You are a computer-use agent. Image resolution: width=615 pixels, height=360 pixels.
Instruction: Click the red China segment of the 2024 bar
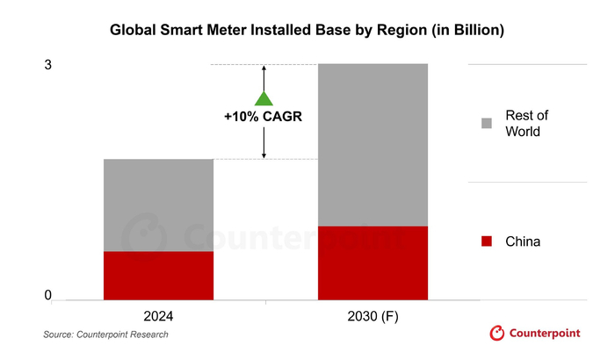(x=158, y=276)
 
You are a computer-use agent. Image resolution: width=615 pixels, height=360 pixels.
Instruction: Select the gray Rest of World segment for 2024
(x=158, y=205)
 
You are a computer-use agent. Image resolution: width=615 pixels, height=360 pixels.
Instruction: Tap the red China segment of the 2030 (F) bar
(x=373, y=263)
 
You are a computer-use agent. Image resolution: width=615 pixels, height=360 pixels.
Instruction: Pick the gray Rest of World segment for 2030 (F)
(x=373, y=144)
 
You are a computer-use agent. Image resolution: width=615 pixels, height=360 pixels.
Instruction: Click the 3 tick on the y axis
(x=49, y=65)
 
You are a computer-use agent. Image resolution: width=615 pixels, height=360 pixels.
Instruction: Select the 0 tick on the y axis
(x=49, y=296)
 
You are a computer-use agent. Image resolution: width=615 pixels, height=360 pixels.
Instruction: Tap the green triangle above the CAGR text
(x=264, y=99)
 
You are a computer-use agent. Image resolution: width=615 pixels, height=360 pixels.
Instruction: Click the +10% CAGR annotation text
(x=264, y=116)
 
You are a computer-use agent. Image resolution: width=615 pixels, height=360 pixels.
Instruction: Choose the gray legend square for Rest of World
(x=487, y=123)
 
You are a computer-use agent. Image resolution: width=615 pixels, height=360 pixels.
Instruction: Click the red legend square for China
(x=487, y=241)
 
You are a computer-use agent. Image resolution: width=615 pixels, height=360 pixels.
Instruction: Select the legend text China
(x=523, y=241)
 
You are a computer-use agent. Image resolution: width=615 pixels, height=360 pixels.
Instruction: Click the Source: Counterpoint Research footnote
(x=105, y=335)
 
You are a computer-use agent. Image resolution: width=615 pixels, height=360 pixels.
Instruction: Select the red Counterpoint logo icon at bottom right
(x=497, y=334)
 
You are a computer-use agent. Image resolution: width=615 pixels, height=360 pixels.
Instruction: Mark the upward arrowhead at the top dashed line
(x=264, y=68)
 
